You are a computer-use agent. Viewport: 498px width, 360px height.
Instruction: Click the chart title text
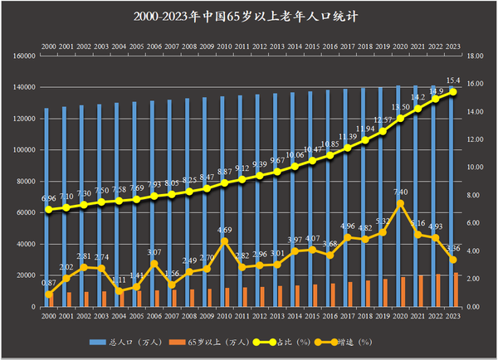249,16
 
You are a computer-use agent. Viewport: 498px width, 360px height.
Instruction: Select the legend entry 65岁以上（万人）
196,342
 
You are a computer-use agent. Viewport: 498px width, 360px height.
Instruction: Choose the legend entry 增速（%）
348,342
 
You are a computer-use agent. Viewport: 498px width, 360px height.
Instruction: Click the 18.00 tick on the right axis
476,56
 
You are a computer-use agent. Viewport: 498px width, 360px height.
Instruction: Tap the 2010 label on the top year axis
224,47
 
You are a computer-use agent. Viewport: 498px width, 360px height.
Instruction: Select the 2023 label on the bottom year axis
453,316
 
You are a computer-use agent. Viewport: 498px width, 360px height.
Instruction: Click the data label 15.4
453,80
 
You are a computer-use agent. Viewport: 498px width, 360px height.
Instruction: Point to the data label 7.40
401,192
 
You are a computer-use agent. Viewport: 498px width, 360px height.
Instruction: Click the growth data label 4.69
224,230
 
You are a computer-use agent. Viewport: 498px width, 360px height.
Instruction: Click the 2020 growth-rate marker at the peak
401,203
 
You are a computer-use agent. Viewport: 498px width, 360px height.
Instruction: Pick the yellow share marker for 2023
453,92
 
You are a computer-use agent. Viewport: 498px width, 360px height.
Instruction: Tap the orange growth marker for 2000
48,294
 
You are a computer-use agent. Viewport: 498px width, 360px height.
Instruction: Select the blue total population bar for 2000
46,207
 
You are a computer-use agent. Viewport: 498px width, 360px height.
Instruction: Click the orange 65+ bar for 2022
438,290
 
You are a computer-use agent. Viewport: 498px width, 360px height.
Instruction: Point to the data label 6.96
48,199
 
